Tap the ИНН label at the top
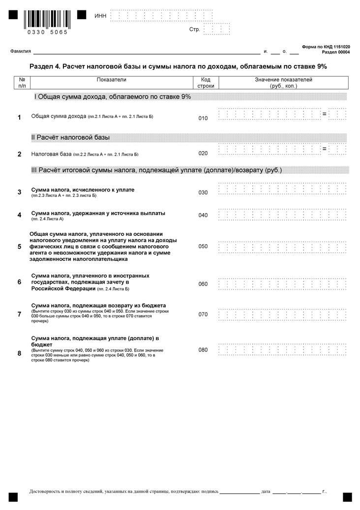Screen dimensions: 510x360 100,16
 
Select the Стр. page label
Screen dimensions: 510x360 194,30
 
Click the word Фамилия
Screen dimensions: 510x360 21,51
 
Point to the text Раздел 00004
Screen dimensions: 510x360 336,52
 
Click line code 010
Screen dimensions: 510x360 203,118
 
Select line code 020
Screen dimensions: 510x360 203,153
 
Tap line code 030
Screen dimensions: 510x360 203,192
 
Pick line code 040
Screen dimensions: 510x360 203,215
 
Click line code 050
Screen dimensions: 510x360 203,246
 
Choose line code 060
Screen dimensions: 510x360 203,284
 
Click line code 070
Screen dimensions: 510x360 203,314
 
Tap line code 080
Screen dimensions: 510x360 203,350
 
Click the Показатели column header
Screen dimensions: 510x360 112,79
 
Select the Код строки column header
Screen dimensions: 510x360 206,83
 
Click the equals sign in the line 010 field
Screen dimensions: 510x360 324,114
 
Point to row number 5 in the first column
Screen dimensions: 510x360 19,246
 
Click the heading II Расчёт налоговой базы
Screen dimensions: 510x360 70,137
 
